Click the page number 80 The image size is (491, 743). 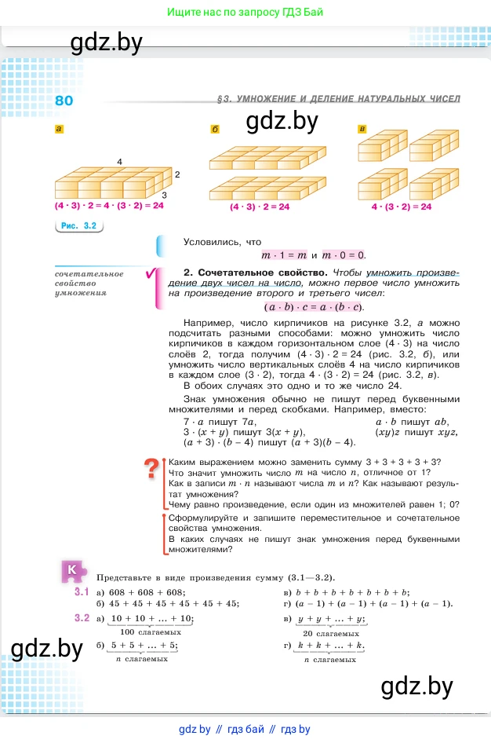click(64, 101)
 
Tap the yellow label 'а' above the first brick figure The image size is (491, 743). click(59, 129)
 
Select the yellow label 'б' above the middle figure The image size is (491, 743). click(215, 129)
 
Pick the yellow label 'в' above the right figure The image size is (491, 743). click(362, 129)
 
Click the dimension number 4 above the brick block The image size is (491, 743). click(119, 161)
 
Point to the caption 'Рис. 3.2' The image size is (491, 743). click(78, 226)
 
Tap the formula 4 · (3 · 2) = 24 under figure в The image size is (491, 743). click(402, 207)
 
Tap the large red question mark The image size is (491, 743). click(151, 470)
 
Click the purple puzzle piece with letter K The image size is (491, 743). click(73, 571)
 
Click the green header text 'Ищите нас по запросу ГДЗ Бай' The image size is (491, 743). click(245, 13)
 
